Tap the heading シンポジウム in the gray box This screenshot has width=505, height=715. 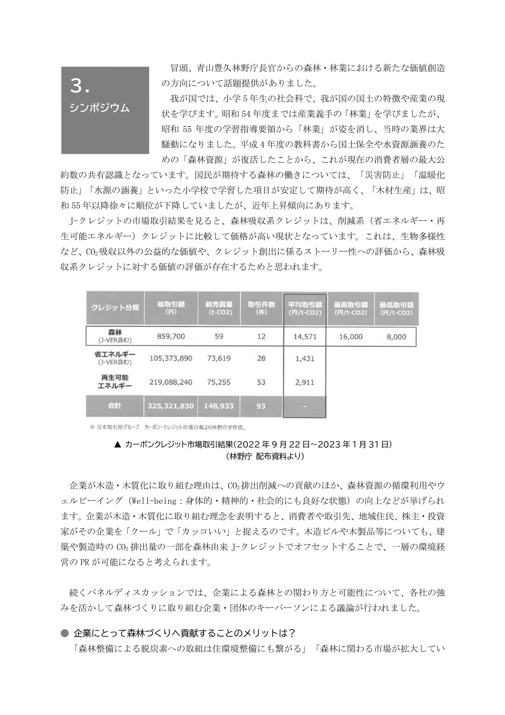pyautogui.click(x=100, y=108)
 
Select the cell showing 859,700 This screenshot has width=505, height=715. pyautogui.click(x=171, y=336)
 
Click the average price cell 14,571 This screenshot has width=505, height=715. pyautogui.click(x=305, y=337)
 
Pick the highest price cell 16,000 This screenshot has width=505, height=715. pyautogui.click(x=351, y=337)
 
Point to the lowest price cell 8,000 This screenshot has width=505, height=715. pyautogui.click(x=396, y=337)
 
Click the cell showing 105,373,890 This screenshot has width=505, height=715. pyautogui.click(x=171, y=358)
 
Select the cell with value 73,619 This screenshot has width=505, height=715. pyautogui.click(x=219, y=358)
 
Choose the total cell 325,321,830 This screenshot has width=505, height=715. pyautogui.click(x=171, y=406)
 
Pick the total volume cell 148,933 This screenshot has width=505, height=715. pyautogui.click(x=219, y=406)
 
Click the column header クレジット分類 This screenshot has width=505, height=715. pyautogui.click(x=115, y=308)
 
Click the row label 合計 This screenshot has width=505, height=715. pyautogui.click(x=115, y=406)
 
